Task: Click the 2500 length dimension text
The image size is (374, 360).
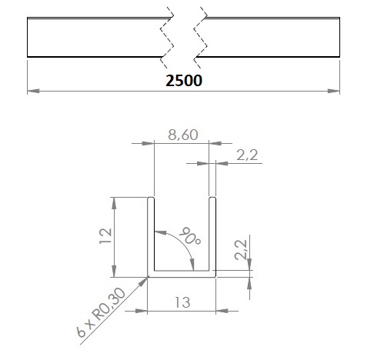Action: (184, 81)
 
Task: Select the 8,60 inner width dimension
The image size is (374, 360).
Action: (183, 135)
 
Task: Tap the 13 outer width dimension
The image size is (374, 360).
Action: (182, 302)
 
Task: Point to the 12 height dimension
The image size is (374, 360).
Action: (105, 235)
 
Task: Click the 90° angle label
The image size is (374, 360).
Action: (190, 236)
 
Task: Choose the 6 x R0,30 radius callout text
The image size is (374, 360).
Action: (101, 312)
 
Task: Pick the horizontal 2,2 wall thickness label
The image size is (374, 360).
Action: (247, 155)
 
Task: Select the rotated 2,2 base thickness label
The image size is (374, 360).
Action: (241, 250)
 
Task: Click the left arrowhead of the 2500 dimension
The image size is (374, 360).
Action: (33, 91)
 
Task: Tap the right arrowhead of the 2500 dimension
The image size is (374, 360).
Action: (334, 91)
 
